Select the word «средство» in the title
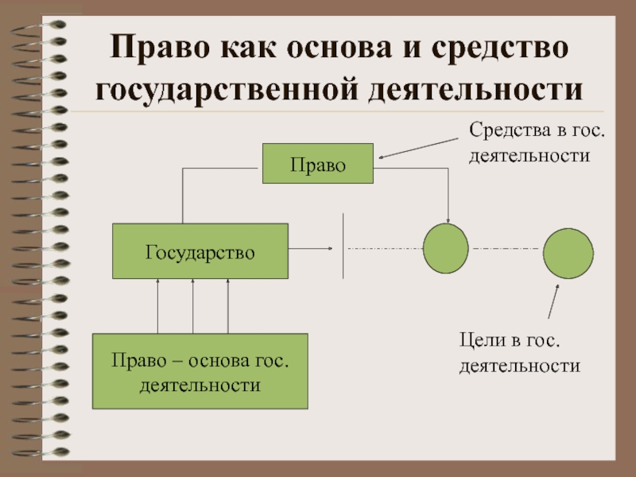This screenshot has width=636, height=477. click(501, 46)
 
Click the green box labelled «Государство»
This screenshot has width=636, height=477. click(200, 251)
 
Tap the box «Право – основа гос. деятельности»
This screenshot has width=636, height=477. click(200, 372)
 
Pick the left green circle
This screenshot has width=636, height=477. click(446, 249)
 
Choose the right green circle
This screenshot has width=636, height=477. click(568, 252)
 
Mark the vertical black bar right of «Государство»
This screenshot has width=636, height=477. click(343, 246)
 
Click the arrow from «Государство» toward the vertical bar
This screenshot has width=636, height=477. click(310, 249)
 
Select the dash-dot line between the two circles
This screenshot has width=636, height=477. click(506, 249)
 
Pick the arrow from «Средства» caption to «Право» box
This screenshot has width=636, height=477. click(421, 147)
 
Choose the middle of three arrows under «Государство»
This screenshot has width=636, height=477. click(193, 306)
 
